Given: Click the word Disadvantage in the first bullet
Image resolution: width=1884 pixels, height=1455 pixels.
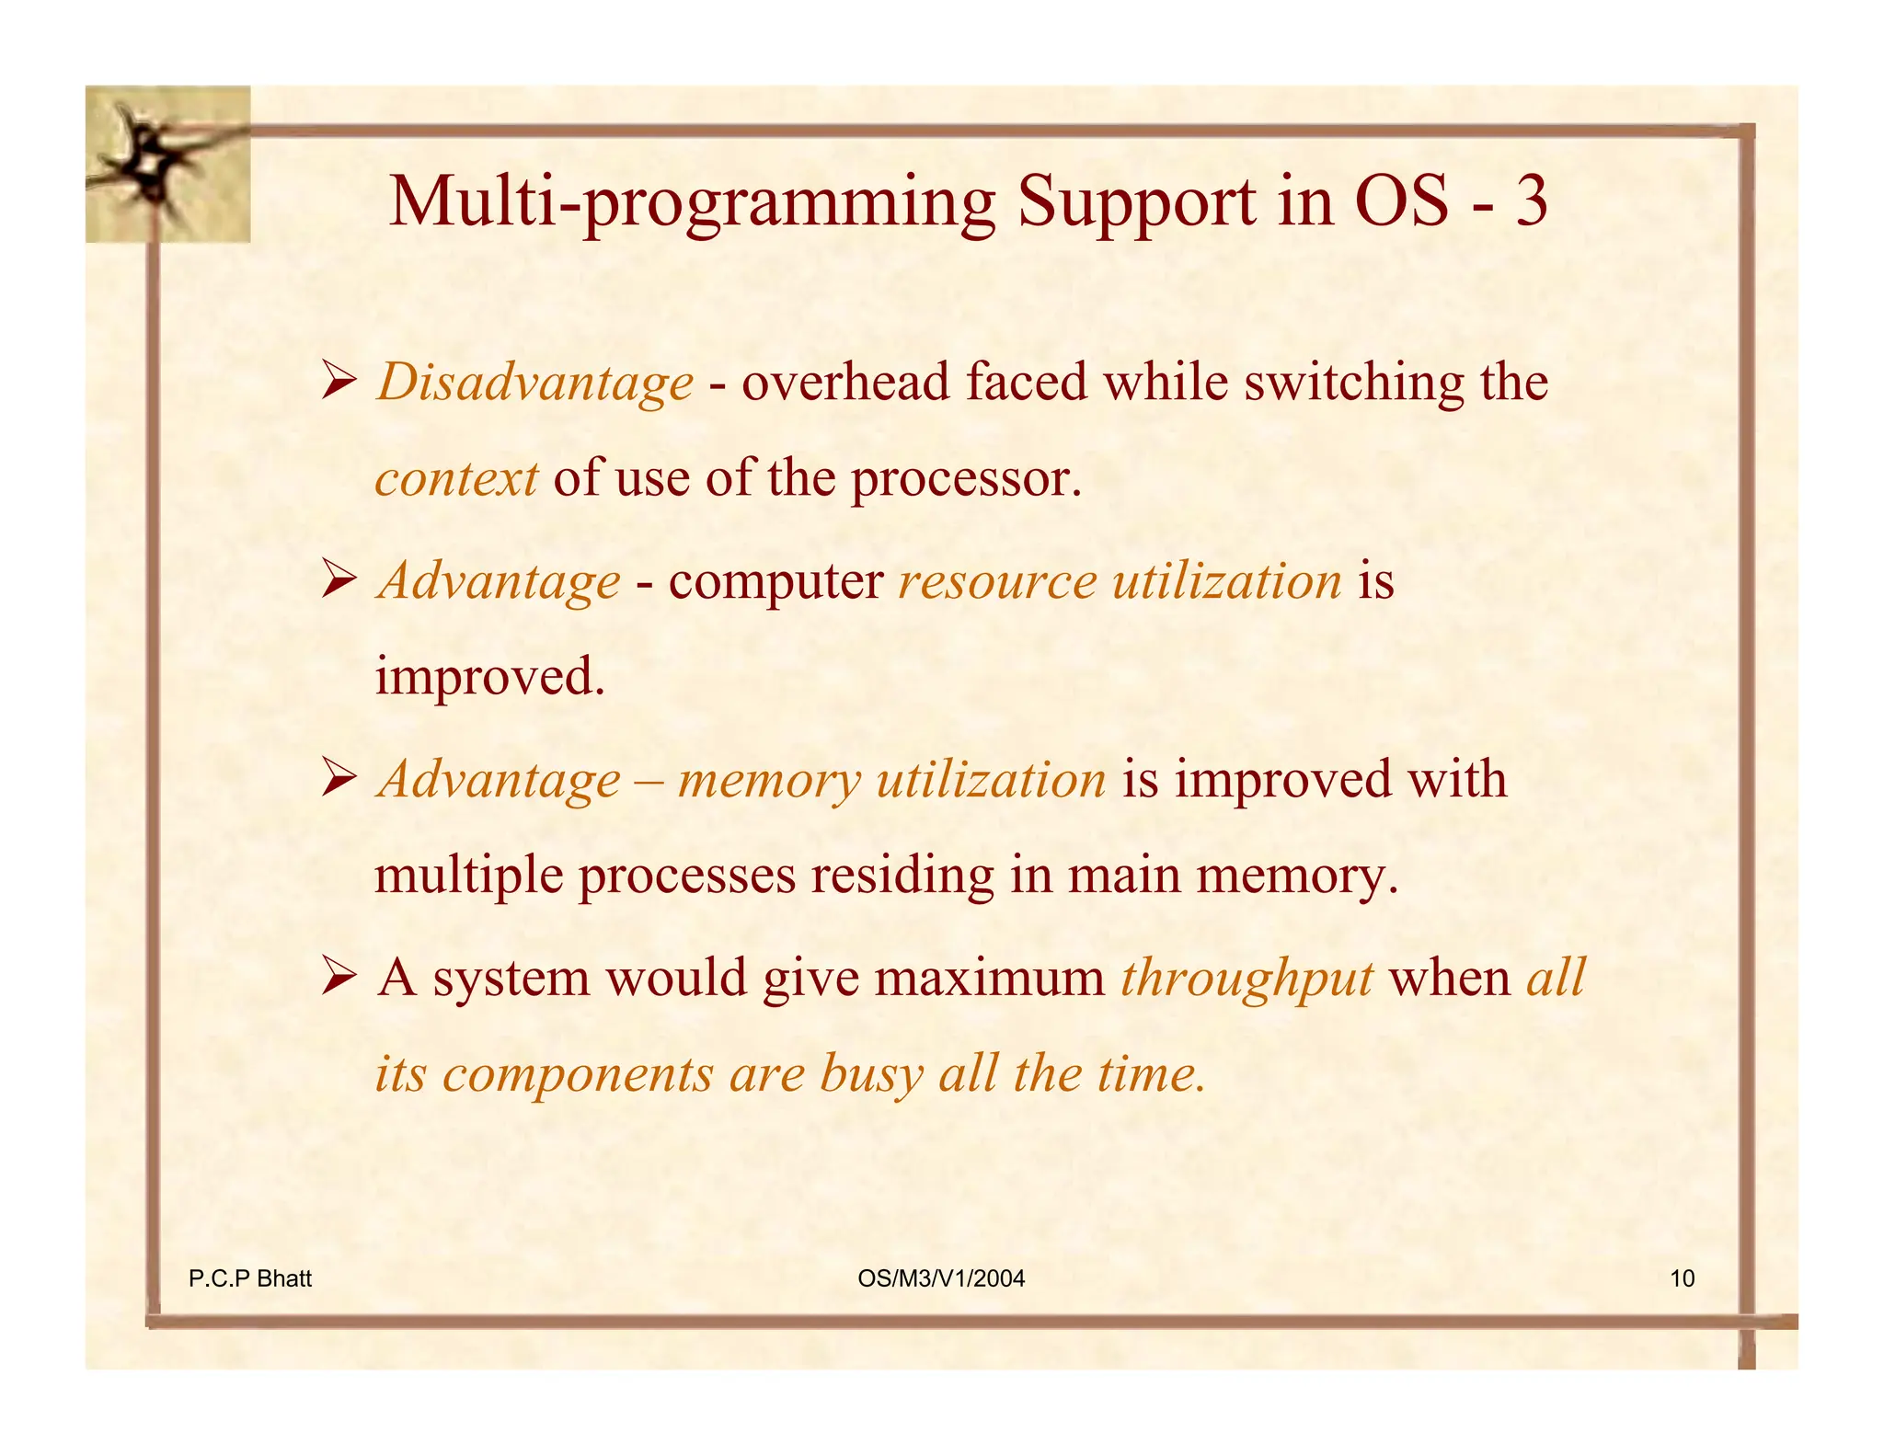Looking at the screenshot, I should [x=534, y=383].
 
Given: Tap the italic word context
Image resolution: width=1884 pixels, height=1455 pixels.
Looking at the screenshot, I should [x=456, y=478].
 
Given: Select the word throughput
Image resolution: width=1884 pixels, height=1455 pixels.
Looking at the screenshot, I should [x=1246, y=978].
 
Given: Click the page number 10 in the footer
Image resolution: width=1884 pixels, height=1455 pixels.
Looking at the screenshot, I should [x=1682, y=1278].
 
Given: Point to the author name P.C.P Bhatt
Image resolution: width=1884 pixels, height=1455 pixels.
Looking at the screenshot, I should [x=250, y=1278].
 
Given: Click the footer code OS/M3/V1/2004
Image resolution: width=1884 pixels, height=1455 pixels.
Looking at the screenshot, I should [x=940, y=1278].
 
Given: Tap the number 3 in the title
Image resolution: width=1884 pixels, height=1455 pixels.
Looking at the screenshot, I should [x=1531, y=201].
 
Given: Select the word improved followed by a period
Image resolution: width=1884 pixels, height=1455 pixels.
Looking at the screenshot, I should [x=489, y=678].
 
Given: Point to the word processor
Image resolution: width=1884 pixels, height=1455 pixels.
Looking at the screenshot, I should [x=964, y=480].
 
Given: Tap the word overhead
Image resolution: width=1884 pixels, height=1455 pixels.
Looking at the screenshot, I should [x=845, y=383].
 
